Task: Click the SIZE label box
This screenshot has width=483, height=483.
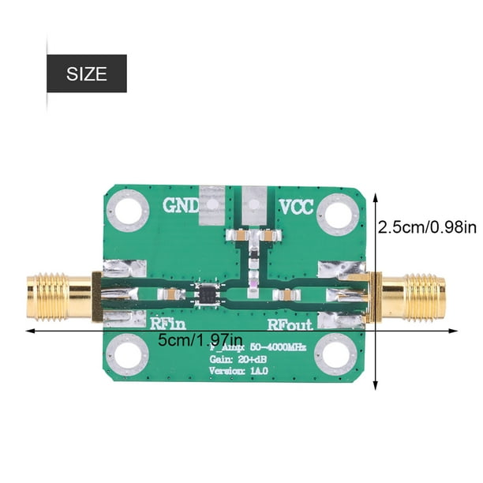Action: [x=87, y=74]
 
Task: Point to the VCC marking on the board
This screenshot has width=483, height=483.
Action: [x=297, y=208]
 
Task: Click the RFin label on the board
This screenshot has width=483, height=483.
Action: [x=167, y=323]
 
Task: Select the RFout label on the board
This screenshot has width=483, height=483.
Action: [x=289, y=324]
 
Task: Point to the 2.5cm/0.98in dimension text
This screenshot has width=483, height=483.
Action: [x=427, y=227]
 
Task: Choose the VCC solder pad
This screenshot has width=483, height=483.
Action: [x=254, y=204]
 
